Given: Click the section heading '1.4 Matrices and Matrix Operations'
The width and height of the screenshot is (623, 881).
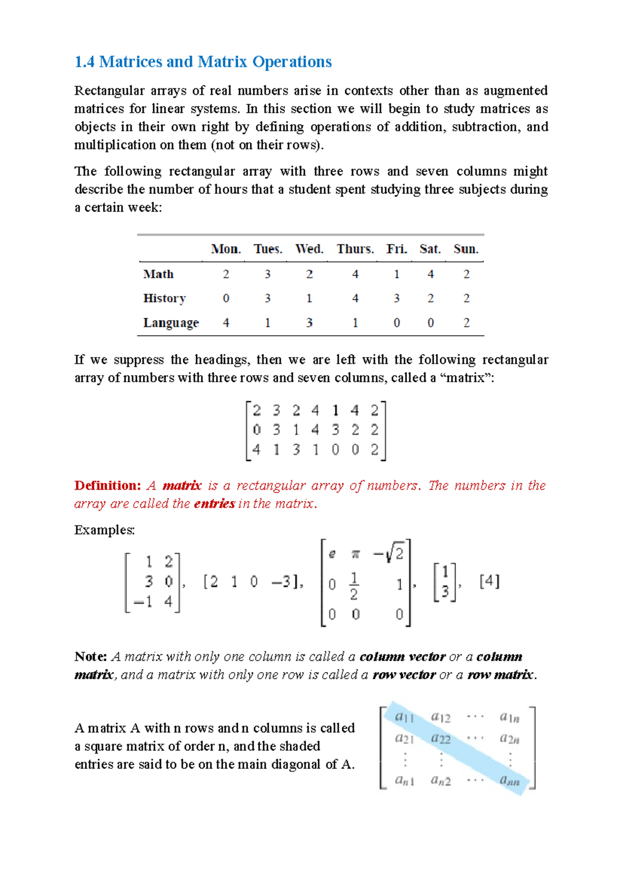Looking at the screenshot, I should pos(203,62).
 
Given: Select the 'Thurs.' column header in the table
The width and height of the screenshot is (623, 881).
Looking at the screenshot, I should pos(355,249).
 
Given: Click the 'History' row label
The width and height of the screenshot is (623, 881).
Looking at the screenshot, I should pos(164,298).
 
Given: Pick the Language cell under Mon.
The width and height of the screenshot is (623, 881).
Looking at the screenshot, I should pos(226,323).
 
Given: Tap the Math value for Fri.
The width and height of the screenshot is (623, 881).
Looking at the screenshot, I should pos(397,274).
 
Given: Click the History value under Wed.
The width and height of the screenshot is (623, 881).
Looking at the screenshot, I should pos(309,298).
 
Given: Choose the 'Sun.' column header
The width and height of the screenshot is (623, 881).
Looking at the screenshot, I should pos(466,249).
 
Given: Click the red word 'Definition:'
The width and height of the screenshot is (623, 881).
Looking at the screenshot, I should pos(107,485).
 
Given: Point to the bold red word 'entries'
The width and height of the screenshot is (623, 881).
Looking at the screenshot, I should pos(214,503).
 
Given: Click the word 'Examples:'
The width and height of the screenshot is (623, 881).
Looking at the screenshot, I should pos(104,530).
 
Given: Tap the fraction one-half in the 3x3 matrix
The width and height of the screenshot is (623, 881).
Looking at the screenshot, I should pos(354,586).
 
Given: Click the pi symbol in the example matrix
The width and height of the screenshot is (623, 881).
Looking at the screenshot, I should pos(355,554).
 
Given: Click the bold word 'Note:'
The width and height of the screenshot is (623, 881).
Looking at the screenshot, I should pos(90,657).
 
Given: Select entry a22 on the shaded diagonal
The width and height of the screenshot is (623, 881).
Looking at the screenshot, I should pos(441,738).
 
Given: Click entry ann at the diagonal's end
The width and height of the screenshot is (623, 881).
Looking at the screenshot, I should pos(509,780).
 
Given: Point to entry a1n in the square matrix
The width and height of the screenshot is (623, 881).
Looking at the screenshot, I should pos(509,717).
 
